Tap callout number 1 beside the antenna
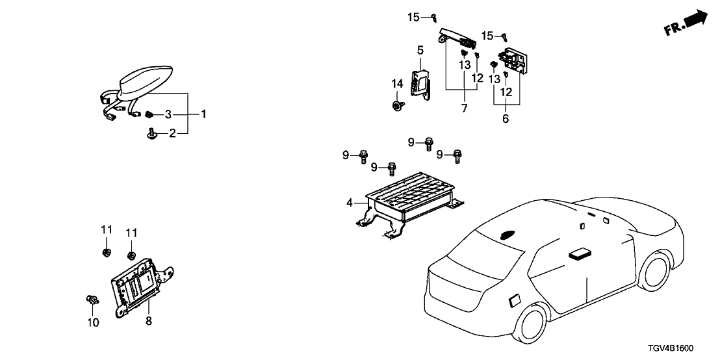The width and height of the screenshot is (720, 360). (203, 114)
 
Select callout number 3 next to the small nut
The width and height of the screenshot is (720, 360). (168, 114)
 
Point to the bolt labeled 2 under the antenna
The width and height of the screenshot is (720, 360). (152, 133)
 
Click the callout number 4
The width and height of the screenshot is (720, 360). (350, 203)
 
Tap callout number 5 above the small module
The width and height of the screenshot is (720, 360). (420, 49)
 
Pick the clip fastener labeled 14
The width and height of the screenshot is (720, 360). (397, 105)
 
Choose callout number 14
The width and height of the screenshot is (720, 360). (397, 83)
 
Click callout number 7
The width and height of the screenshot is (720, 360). (464, 108)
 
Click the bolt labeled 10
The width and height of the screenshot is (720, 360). (92, 300)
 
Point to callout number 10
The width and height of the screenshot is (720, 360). (93, 322)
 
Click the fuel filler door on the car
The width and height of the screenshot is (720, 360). (513, 300)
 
